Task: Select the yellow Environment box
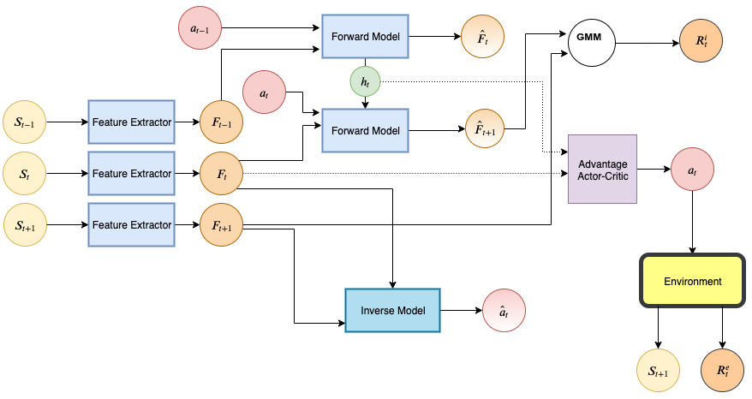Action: [692, 281]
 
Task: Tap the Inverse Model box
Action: [392, 310]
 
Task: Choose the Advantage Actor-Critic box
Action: [603, 169]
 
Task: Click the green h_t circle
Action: [366, 81]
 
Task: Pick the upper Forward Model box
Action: [366, 36]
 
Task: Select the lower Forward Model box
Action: [366, 130]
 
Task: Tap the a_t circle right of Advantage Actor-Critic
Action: [693, 170]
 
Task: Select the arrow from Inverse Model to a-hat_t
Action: [461, 310]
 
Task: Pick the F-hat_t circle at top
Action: [481, 36]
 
